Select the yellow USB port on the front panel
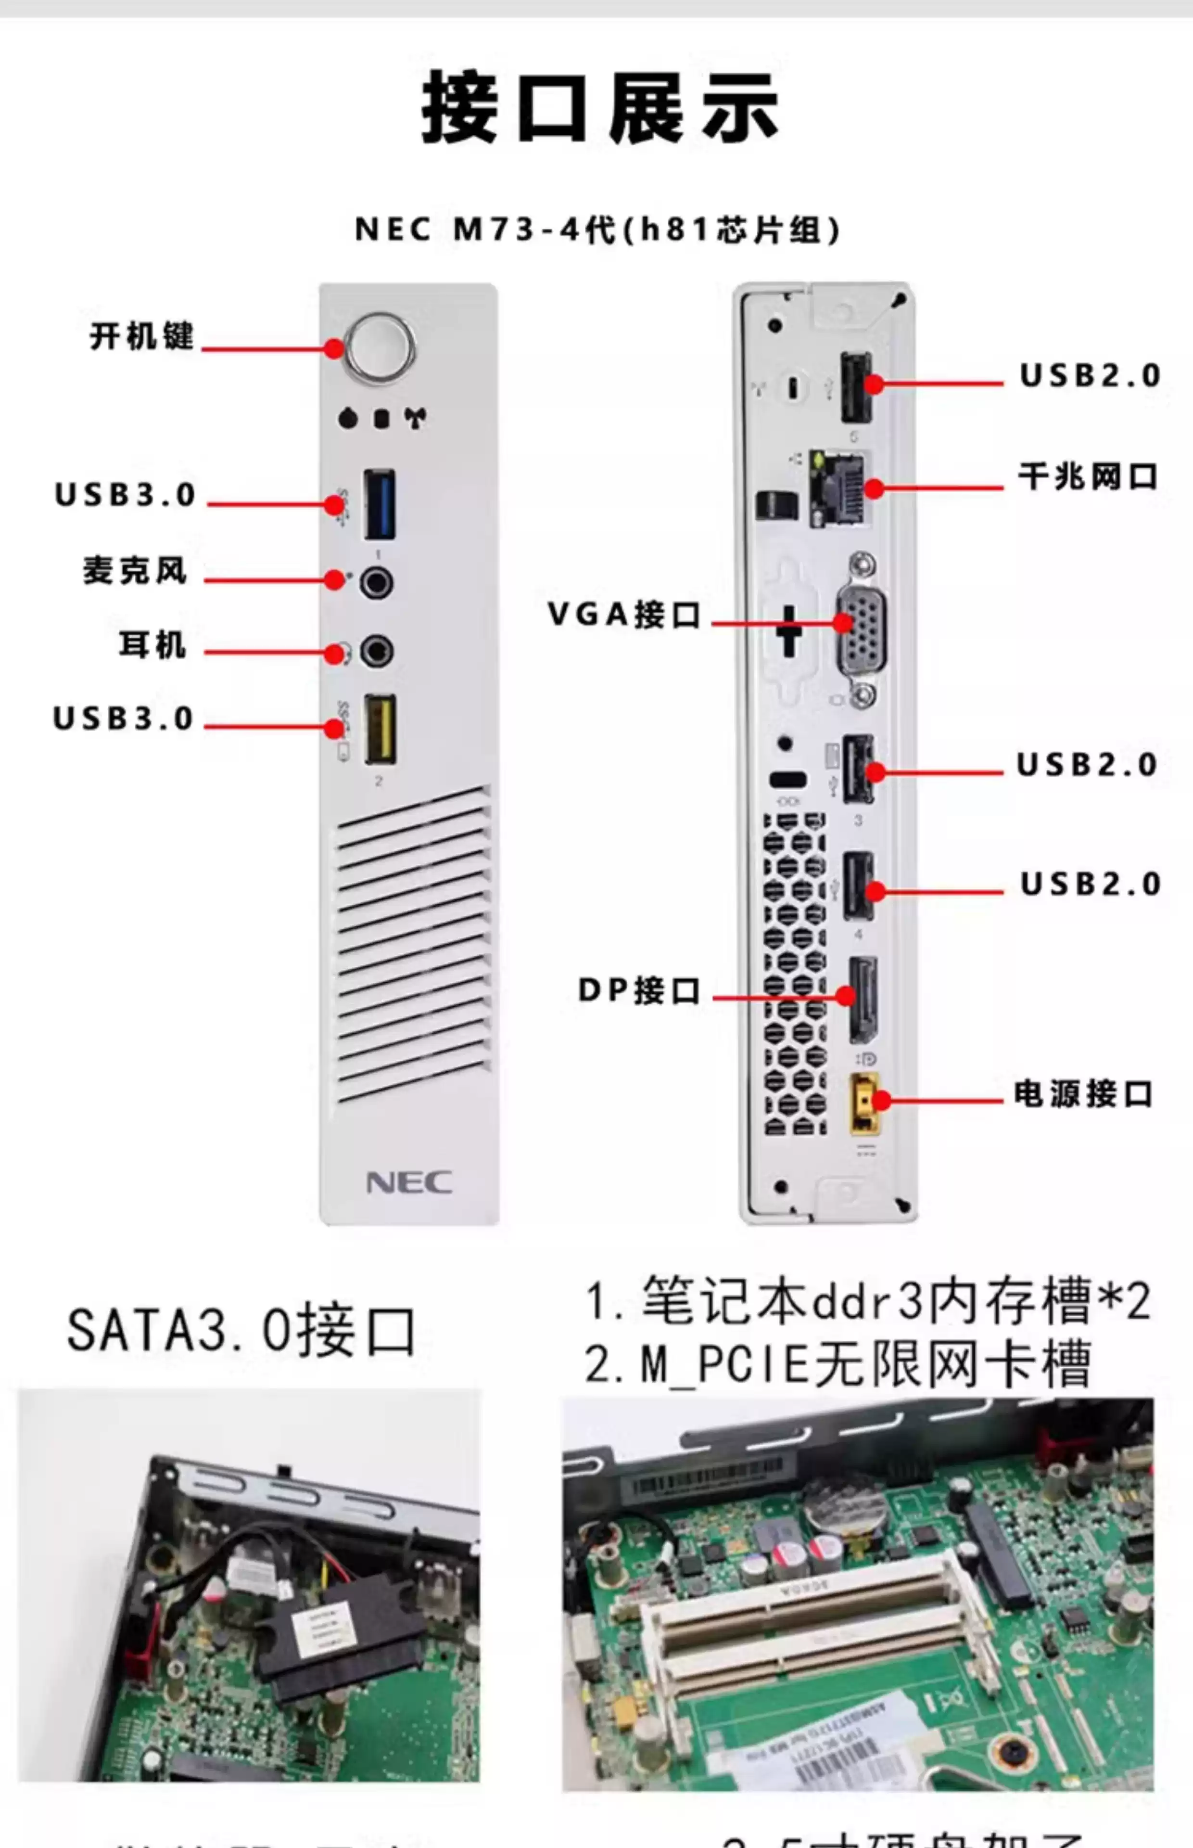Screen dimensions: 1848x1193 381,729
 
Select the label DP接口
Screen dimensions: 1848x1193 639,990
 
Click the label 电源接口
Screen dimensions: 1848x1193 1083,1094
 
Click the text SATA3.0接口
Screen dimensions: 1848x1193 241,1331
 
